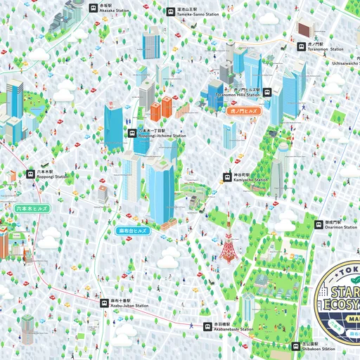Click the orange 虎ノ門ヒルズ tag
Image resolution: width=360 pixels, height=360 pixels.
pyautogui.click(x=245, y=111)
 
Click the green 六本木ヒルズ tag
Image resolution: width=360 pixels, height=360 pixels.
pyautogui.click(x=32, y=209)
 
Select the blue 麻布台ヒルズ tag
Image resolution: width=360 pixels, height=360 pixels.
pyautogui.click(x=133, y=230)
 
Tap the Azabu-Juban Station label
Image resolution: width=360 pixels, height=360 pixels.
pyautogui.click(x=129, y=303)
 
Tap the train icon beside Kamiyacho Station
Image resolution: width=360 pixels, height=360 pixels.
pyautogui.click(x=227, y=177)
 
